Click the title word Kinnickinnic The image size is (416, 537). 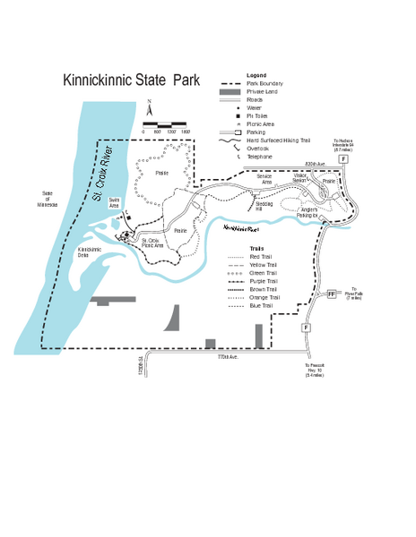click(x=97, y=81)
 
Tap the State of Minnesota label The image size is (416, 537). click(x=48, y=199)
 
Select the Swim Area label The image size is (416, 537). click(x=114, y=202)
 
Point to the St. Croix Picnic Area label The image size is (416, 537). click(x=152, y=242)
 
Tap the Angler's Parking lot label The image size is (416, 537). click(x=308, y=213)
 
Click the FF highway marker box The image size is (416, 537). click(x=332, y=294)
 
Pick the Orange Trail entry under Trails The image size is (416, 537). click(x=263, y=298)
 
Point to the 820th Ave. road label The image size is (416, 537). click(x=314, y=164)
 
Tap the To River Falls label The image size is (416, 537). click(x=354, y=292)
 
